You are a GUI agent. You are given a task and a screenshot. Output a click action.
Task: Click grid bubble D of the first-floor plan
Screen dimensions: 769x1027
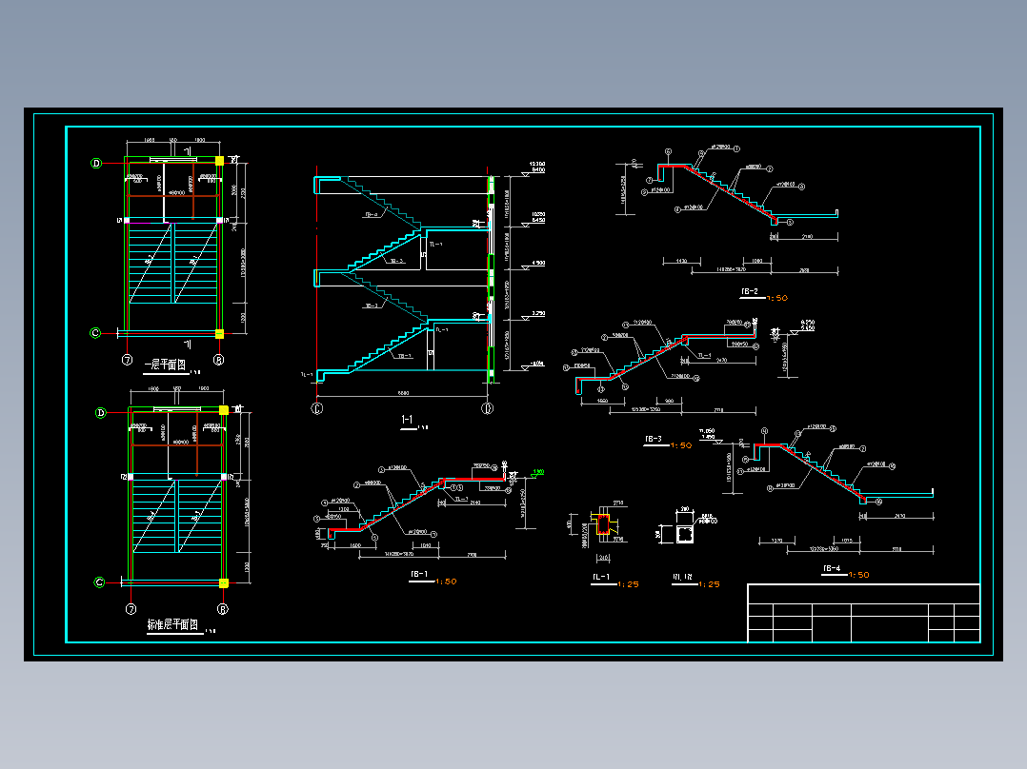point(96,163)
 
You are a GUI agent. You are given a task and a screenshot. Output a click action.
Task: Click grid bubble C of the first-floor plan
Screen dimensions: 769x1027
point(96,332)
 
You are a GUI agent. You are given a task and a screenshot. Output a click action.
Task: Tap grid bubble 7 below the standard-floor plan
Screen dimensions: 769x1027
point(128,607)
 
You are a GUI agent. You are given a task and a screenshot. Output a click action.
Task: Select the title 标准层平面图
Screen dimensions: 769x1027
point(171,626)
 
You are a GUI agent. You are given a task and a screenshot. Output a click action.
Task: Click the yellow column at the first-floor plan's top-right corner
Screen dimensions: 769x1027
point(219,162)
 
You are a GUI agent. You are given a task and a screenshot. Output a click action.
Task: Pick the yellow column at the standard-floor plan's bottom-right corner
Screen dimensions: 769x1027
point(224,582)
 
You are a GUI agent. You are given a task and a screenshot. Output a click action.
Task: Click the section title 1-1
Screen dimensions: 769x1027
point(407,420)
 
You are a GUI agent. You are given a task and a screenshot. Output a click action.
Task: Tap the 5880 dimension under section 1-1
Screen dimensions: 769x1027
point(404,393)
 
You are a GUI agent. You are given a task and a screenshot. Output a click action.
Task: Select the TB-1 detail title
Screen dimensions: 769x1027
point(418,574)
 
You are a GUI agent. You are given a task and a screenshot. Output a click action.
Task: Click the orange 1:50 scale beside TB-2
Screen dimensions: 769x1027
point(776,298)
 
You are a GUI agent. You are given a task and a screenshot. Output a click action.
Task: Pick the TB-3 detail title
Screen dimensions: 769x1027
point(654,439)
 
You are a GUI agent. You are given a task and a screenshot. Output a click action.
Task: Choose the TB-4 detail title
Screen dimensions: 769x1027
point(831,569)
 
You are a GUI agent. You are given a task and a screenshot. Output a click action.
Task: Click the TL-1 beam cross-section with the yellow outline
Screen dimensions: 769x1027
point(602,525)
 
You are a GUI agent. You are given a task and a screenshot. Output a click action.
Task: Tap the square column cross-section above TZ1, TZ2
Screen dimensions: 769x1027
point(684,534)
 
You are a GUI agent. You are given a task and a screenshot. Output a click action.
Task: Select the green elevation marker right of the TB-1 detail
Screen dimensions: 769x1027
point(538,472)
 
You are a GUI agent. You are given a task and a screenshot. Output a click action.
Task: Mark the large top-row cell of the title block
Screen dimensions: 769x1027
point(863,593)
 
